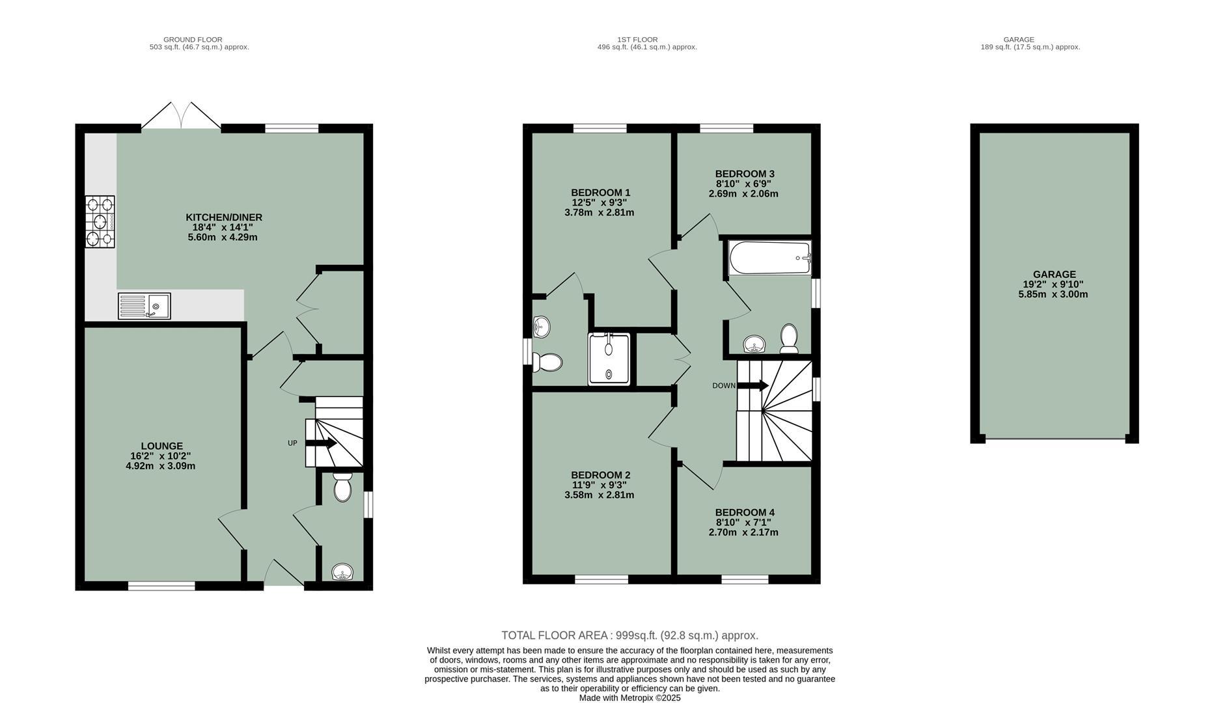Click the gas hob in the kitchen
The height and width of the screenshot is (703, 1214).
(x=100, y=221)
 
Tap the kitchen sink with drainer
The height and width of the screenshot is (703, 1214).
(x=145, y=306)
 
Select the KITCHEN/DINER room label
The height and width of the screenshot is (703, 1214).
(x=223, y=217)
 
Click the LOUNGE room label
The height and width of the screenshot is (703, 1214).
(x=161, y=447)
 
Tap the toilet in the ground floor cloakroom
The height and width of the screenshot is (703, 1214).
(x=342, y=488)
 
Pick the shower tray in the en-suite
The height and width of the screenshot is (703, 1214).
(x=609, y=359)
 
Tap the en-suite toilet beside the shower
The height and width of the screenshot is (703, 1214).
(x=548, y=362)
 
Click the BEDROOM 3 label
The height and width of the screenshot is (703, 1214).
(x=744, y=174)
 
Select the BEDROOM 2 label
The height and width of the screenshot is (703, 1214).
(x=600, y=475)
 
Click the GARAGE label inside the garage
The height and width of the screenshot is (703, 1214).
(x=1054, y=275)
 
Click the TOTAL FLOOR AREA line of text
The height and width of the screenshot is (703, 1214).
(x=629, y=635)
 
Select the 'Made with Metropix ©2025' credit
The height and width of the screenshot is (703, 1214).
(x=629, y=698)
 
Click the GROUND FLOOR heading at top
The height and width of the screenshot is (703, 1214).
(x=193, y=40)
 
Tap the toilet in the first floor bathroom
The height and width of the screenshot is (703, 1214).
(x=789, y=338)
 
